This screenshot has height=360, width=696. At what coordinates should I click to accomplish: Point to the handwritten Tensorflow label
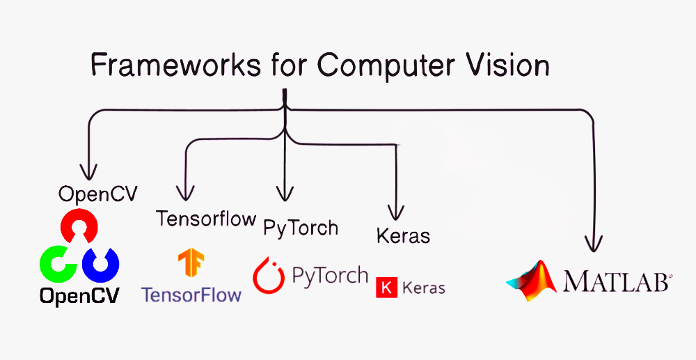pyautogui.click(x=206, y=219)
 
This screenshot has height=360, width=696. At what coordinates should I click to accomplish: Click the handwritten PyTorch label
pyautogui.click(x=300, y=228)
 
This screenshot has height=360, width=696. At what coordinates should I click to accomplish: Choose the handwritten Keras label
pyautogui.click(x=403, y=235)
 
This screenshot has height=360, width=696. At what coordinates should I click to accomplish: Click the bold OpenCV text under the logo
pyautogui.click(x=79, y=296)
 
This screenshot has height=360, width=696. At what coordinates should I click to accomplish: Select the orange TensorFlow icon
pyautogui.click(x=191, y=265)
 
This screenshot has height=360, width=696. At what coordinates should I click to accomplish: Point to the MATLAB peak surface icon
pyautogui.click(x=532, y=281)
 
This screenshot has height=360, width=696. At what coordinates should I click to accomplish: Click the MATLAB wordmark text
pyautogui.click(x=615, y=281)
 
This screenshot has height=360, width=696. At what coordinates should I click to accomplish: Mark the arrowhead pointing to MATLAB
pyautogui.click(x=593, y=244)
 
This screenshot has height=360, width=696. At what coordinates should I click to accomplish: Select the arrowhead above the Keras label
pyautogui.click(x=396, y=211)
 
